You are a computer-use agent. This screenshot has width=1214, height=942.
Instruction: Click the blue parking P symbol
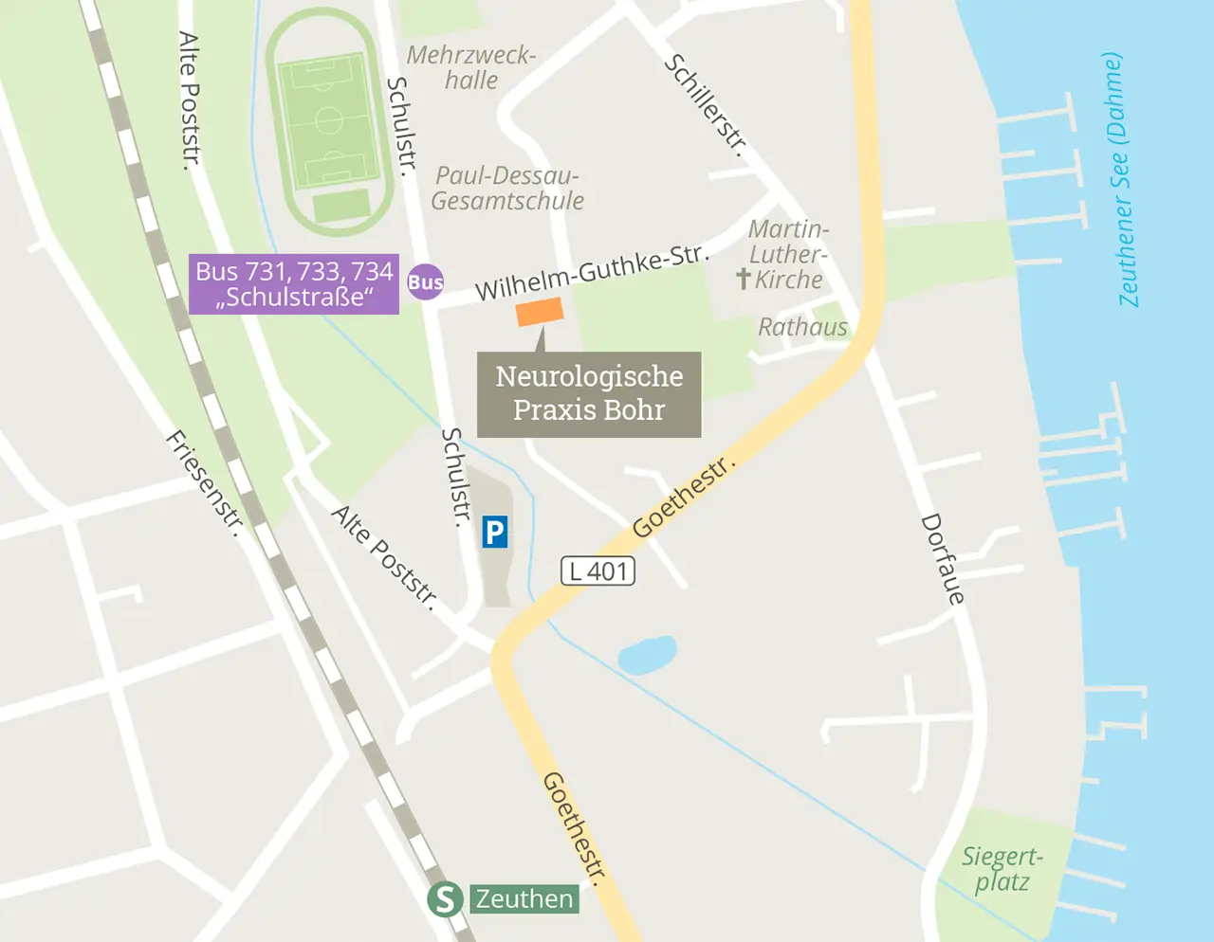[494, 533]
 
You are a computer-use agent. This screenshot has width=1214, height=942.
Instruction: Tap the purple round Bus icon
[425, 281]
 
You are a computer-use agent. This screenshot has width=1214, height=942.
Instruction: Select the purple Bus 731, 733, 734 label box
[294, 284]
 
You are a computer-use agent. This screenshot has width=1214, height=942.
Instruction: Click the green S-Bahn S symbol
[445, 898]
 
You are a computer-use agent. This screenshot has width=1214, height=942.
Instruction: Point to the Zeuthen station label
[524, 898]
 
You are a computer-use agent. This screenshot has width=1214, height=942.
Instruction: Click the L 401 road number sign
[598, 571]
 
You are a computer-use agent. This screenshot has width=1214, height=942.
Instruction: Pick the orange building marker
[540, 312]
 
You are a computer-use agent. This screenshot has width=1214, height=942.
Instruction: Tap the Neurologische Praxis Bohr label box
[589, 394]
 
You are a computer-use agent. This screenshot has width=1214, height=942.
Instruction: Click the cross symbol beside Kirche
[744, 278]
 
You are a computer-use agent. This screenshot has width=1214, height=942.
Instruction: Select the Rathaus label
[802, 327]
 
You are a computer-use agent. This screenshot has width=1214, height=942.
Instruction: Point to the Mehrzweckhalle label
[471, 67]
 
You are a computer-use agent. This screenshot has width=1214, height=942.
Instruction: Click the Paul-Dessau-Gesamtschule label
[507, 189]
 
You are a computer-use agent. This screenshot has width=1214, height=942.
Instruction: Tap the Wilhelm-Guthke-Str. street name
[592, 273]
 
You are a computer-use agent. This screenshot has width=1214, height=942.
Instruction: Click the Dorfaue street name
[943, 559]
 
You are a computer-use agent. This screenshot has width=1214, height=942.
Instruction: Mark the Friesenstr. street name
[204, 481]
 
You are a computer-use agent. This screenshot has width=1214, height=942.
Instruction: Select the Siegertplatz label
[1002, 869]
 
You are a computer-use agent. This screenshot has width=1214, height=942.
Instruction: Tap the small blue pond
[647, 655]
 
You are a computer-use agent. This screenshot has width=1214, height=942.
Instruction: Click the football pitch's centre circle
[328, 120]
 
